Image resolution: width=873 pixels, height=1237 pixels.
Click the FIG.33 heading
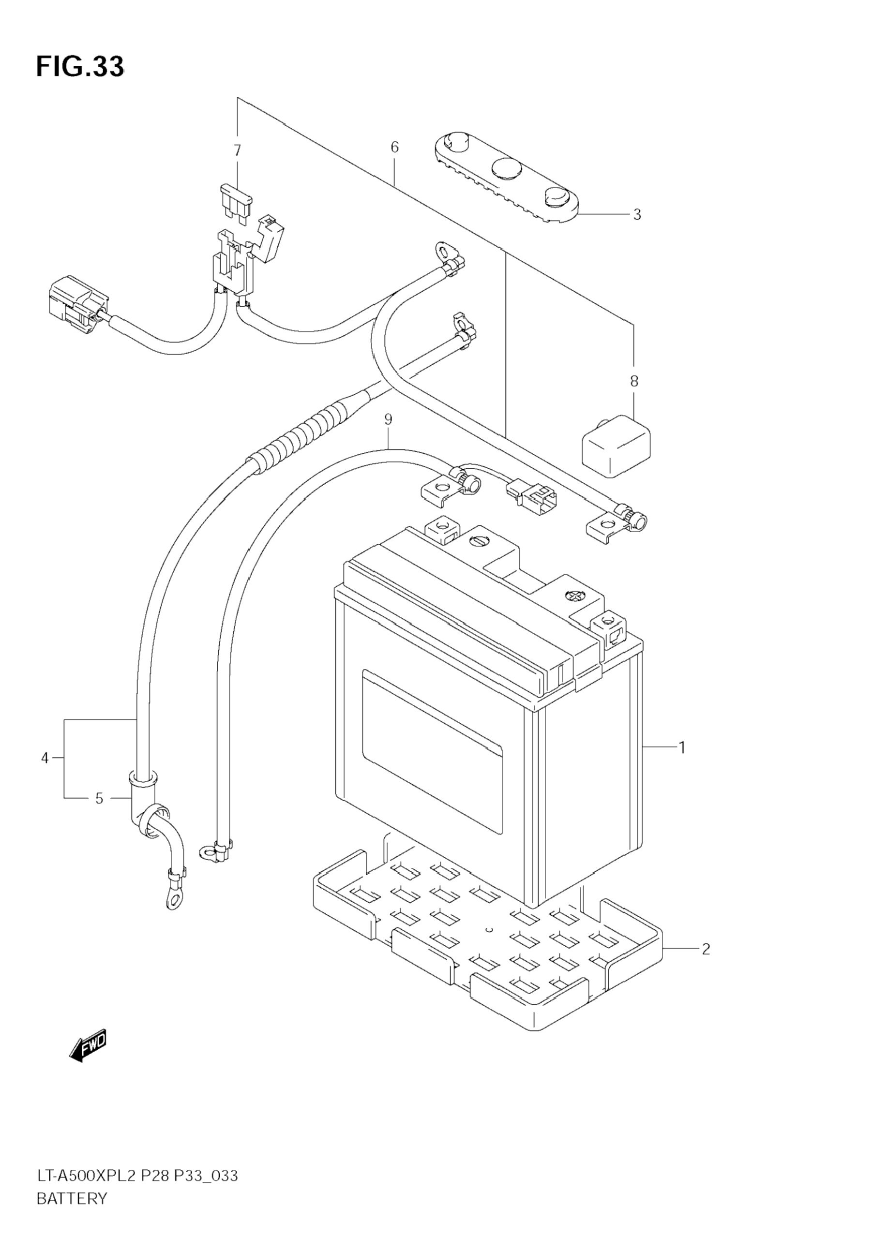click(x=80, y=66)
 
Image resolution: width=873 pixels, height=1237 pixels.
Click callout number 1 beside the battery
click(x=682, y=747)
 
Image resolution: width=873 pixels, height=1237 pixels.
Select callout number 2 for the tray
click(x=706, y=949)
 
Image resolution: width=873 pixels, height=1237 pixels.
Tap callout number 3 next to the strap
click(x=637, y=214)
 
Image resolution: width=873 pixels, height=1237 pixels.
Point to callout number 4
click(x=45, y=758)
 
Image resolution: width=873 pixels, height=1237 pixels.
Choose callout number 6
click(x=394, y=147)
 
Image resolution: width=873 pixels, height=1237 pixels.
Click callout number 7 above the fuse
click(x=237, y=150)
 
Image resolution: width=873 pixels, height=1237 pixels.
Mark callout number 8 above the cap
click(x=634, y=381)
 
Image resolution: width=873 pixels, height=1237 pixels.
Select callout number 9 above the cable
click(x=388, y=418)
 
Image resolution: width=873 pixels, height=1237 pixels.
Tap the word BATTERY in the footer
click(x=72, y=1194)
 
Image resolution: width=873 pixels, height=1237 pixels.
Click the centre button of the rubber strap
click(x=507, y=169)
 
